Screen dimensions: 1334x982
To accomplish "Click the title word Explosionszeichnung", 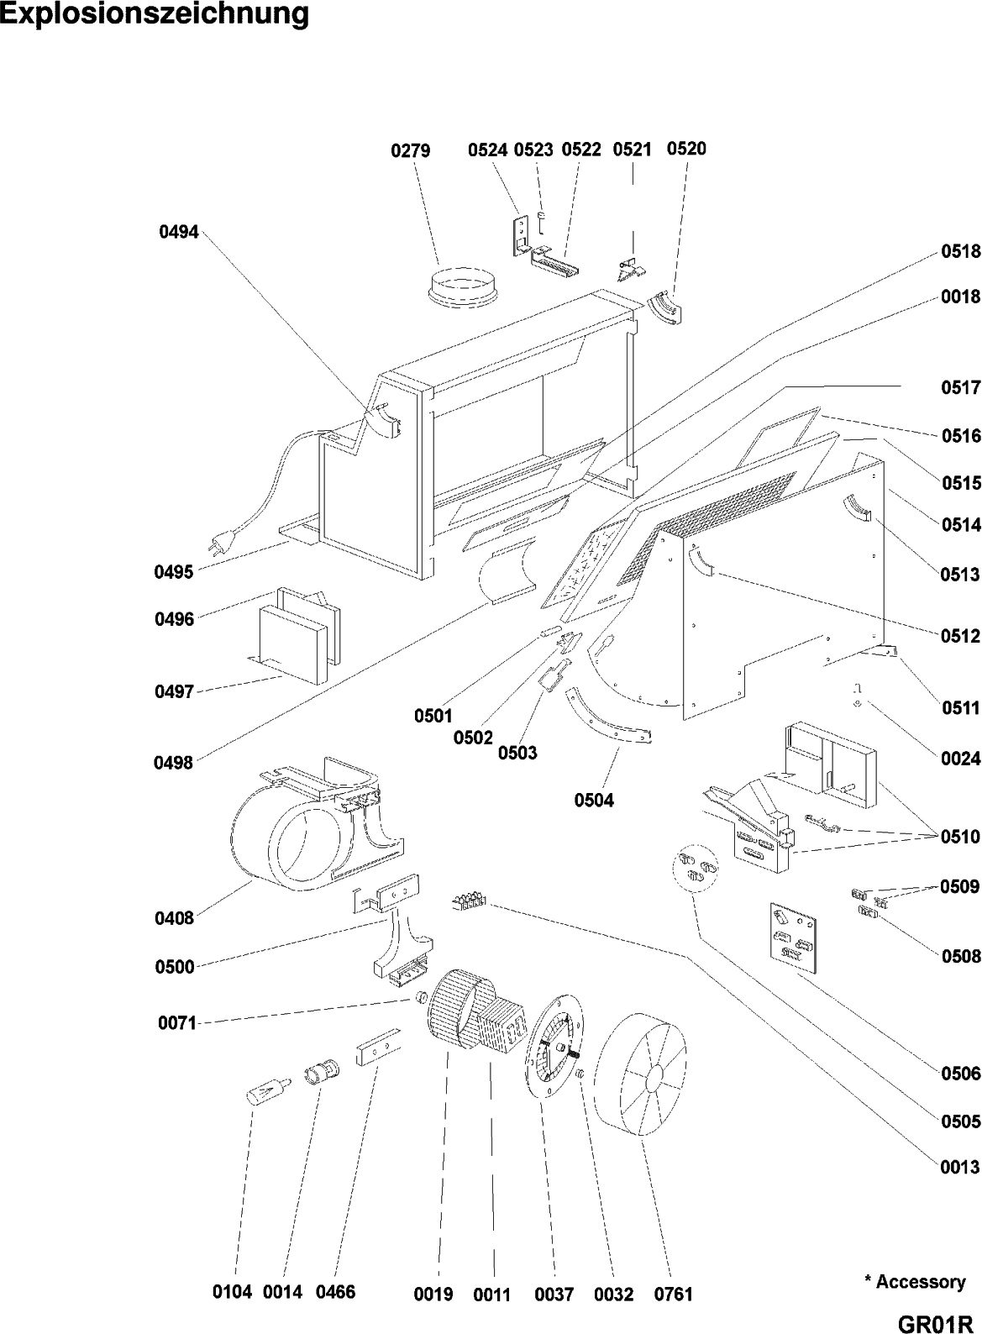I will point(155,15).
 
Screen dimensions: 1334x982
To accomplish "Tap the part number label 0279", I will point(411,151).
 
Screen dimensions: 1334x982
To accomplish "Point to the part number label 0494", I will point(179,233).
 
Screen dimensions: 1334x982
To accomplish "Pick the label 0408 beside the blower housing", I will point(174,918).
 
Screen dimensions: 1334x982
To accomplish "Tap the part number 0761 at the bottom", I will point(674,1295).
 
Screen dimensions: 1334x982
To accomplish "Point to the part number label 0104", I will point(233,1293).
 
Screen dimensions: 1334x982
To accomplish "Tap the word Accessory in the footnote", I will point(920,1282).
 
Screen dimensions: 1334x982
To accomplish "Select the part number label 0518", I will point(960,252).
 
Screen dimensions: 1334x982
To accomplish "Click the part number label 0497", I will point(174,692).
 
